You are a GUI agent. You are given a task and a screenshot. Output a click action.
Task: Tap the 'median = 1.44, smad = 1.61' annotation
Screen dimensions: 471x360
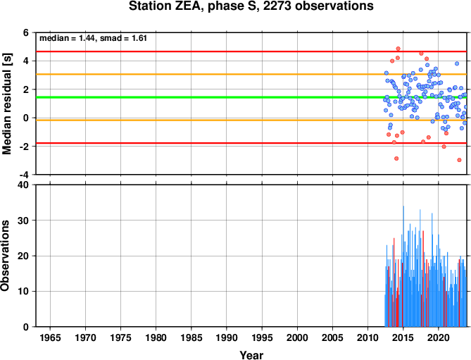coord(94,38)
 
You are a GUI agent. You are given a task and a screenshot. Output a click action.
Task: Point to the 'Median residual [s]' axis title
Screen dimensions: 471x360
coord(7,104)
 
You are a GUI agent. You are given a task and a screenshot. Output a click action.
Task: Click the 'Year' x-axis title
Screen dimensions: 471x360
coord(251,355)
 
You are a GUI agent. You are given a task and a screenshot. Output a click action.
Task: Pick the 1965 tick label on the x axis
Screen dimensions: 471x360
coord(50,337)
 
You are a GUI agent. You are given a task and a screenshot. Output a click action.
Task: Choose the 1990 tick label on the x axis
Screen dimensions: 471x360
coord(227,337)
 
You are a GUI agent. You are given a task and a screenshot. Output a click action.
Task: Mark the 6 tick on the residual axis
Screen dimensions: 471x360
coord(26,32)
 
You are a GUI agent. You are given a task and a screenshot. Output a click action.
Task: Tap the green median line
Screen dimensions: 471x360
coord(251,97)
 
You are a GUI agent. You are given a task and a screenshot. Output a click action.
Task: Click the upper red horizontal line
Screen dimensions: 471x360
coord(251,51)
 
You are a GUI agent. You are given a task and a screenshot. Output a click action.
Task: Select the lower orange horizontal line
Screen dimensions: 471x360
coord(251,120)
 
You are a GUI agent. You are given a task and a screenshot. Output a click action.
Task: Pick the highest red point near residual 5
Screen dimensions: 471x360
coord(398,49)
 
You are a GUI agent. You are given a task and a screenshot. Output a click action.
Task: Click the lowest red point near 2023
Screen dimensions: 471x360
coord(459,160)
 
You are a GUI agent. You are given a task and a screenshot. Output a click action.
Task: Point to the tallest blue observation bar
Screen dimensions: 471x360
coord(403,266)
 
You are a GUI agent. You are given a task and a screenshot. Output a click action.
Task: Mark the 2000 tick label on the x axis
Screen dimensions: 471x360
coord(297,337)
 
